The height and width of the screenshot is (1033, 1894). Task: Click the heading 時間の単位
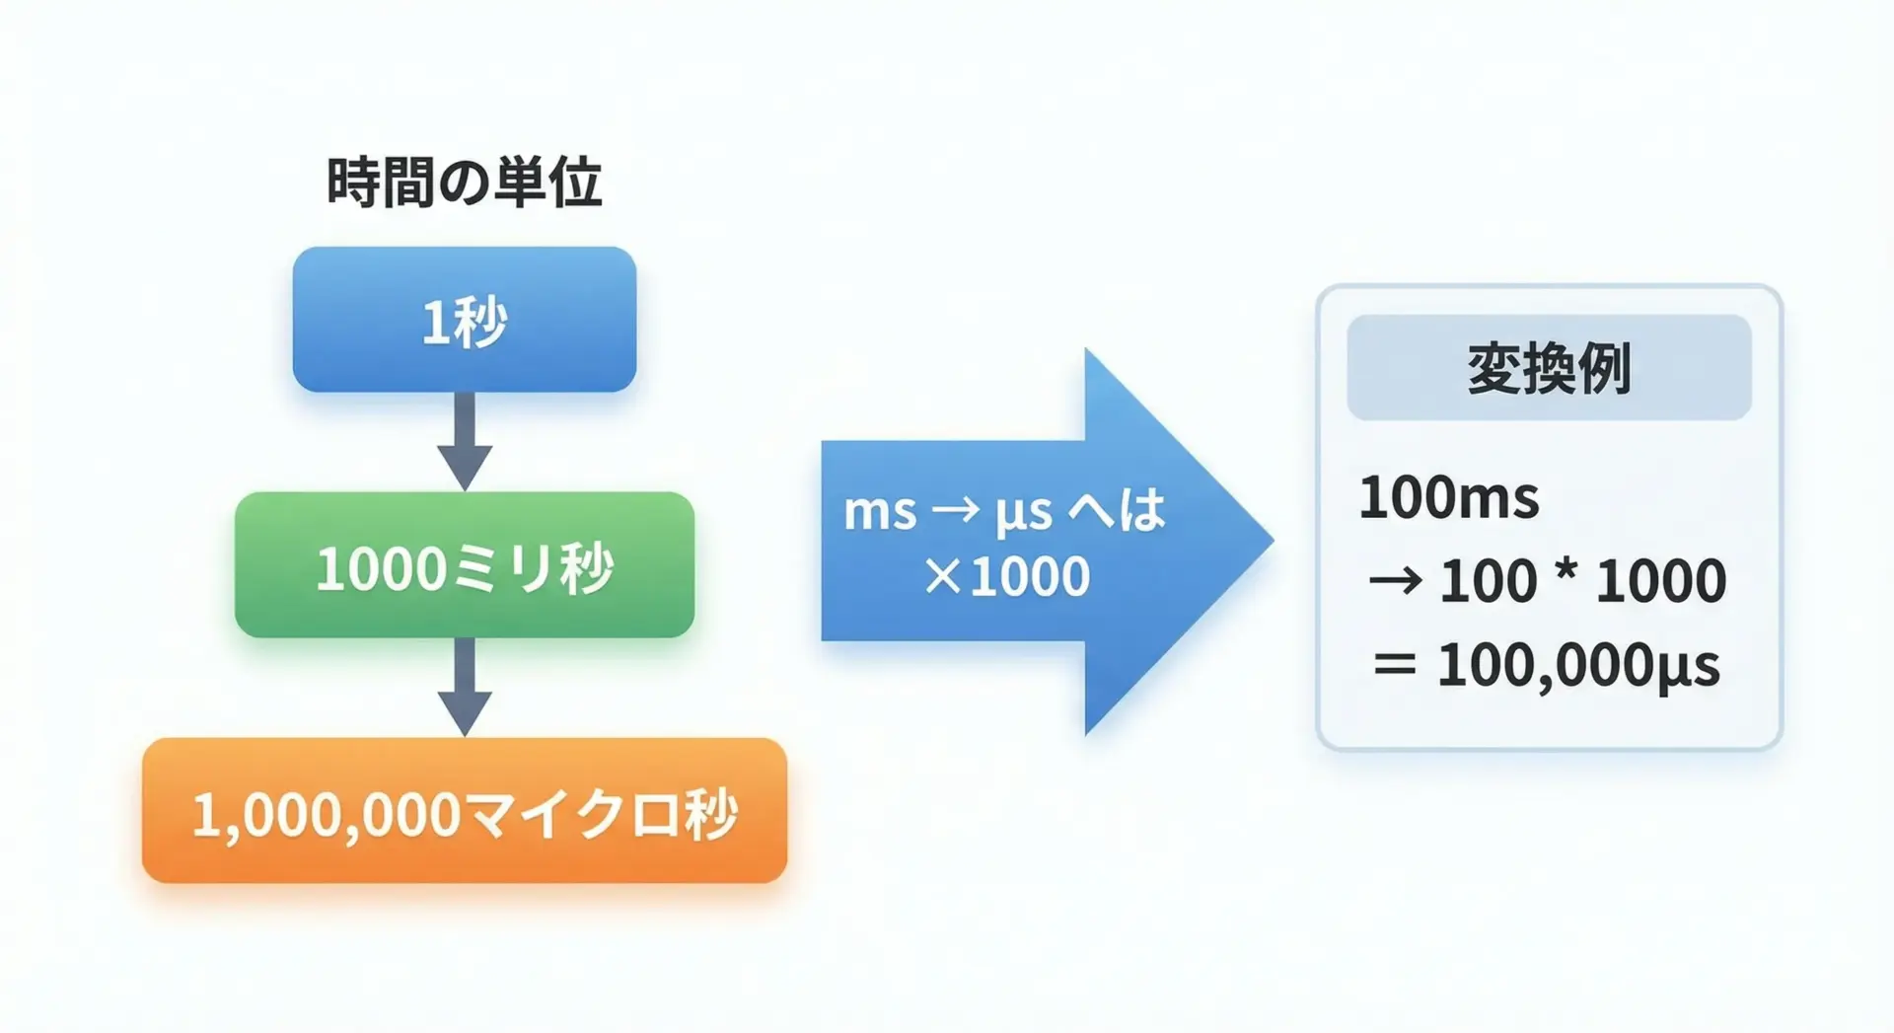464,183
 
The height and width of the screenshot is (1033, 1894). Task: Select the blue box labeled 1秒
465,320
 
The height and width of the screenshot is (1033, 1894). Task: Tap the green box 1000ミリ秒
465,564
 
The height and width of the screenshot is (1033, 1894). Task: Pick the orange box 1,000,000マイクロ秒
465,810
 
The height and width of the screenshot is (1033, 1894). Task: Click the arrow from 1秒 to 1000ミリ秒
465,441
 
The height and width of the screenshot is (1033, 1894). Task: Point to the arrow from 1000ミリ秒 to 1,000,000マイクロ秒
465,687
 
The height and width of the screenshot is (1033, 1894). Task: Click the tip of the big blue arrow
1274,541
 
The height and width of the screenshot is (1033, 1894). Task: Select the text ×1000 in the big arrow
1007,575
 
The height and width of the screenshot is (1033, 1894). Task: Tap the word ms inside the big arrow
880,512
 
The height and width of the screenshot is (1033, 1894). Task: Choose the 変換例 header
1549,368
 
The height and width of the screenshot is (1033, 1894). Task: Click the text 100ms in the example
1449,497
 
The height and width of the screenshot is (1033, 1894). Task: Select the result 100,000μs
1578,665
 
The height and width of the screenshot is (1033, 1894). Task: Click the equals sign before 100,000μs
1395,665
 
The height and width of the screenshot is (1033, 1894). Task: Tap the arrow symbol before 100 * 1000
1395,581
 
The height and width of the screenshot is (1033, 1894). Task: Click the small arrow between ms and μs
956,511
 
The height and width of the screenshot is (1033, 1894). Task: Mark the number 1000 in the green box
382,570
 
